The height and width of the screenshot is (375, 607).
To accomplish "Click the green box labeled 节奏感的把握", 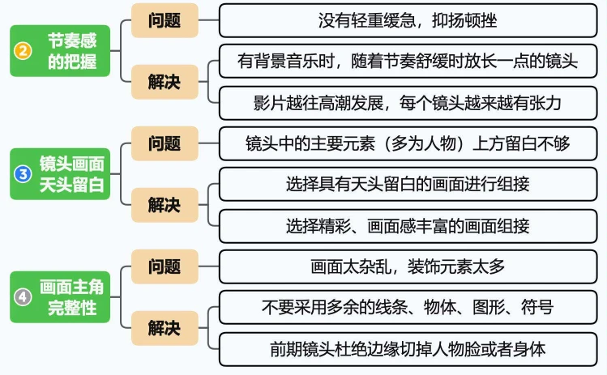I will click(x=60, y=50).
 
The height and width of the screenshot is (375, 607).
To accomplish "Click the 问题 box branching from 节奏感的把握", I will click(x=165, y=20).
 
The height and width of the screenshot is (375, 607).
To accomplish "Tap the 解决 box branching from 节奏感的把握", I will click(x=165, y=83).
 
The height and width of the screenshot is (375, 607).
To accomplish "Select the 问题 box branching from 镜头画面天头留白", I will click(x=165, y=143).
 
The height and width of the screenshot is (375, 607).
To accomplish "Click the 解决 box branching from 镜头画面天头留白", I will click(x=165, y=205).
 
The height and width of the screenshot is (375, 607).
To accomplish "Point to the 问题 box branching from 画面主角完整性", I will click(x=165, y=266).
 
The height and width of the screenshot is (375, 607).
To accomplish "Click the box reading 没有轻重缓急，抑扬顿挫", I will click(x=408, y=20).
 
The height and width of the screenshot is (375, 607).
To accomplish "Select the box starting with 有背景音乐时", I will click(x=408, y=62).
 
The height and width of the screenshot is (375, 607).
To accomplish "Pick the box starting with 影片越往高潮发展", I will click(x=408, y=103).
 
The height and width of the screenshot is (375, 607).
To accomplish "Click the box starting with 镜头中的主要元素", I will click(x=408, y=143).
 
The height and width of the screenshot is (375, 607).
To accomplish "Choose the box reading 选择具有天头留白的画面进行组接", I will click(x=408, y=185).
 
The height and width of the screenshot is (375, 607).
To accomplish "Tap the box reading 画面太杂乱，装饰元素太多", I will click(x=408, y=266).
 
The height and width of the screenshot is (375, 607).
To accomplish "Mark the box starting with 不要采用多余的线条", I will click(x=408, y=307).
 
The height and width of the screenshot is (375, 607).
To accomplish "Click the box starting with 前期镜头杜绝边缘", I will click(x=408, y=348).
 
